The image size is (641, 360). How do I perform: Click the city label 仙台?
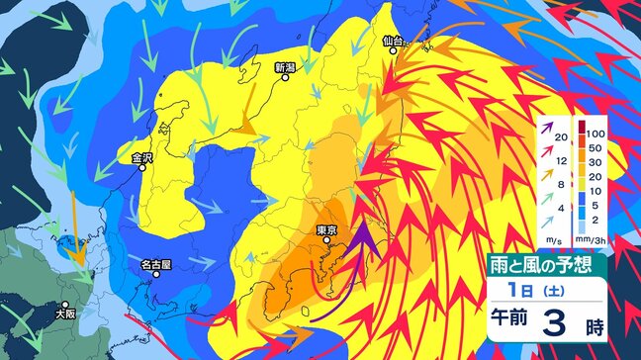click(x=394, y=42)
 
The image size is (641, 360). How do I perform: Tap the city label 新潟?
click(x=286, y=68)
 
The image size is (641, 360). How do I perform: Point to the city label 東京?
click(x=327, y=230)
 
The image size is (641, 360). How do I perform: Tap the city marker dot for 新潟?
click(x=286, y=81)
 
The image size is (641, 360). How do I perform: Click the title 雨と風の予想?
click(x=545, y=264)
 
